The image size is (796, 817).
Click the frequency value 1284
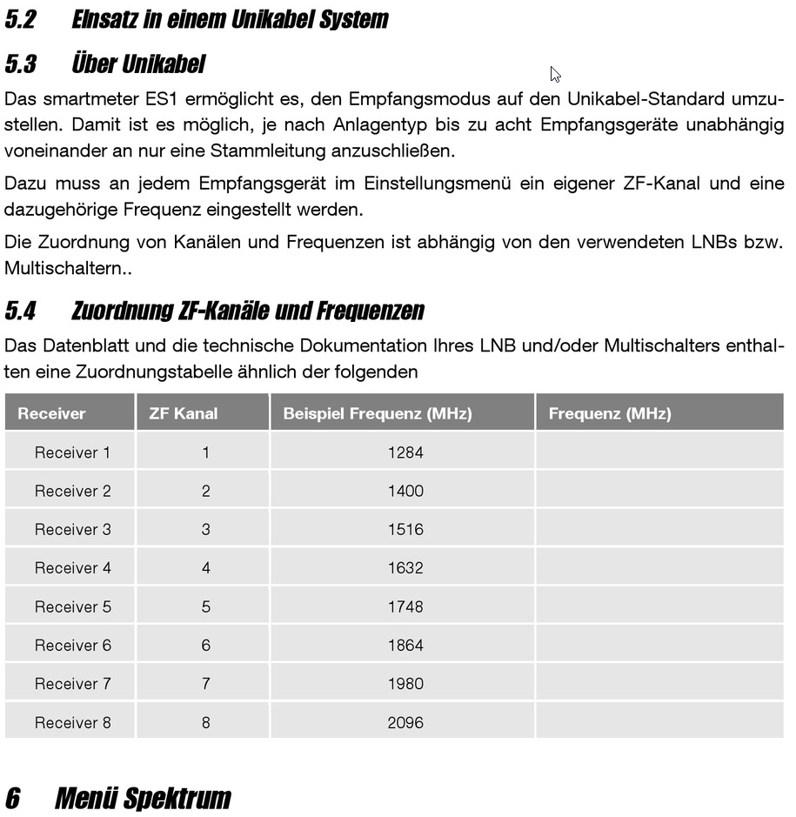pos(405,452)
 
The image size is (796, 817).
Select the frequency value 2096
pos(405,722)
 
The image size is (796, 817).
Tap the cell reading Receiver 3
pos(72,529)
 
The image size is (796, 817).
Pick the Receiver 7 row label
pos(72,684)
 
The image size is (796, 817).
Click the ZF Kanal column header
pos(183,413)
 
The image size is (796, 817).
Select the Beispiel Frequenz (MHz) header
pos(377,413)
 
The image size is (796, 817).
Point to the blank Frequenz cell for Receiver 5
pos(659,606)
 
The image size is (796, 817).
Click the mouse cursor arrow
pos(555,74)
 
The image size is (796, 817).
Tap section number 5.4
pos(21,311)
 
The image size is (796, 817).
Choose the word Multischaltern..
pos(64,268)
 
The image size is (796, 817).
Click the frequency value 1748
pos(405,606)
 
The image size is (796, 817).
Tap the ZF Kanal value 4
pos(205,568)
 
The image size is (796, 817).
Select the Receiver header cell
pos(51,413)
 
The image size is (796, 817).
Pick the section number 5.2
pos(21,19)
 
